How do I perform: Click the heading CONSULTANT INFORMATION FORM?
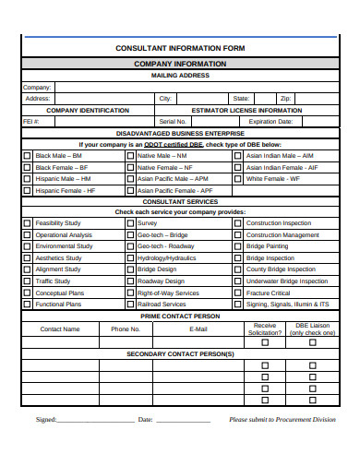[179, 47]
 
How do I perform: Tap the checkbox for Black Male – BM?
[27, 156]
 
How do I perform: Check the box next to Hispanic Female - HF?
[27, 190]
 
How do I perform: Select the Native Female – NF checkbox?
[130, 167]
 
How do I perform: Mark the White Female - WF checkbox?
[239, 179]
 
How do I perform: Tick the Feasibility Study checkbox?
[27, 223]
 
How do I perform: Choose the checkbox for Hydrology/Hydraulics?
[130, 258]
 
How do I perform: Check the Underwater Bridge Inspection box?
[239, 281]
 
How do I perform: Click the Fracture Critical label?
[269, 293]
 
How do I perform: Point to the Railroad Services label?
[162, 304]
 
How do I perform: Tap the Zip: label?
[286, 98]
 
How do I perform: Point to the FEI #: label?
[31, 121]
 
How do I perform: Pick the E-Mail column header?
[198, 329]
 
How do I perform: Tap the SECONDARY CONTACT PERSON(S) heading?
[179, 353]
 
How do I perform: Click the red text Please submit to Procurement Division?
[282, 420]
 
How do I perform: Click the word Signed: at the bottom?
[45, 420]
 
